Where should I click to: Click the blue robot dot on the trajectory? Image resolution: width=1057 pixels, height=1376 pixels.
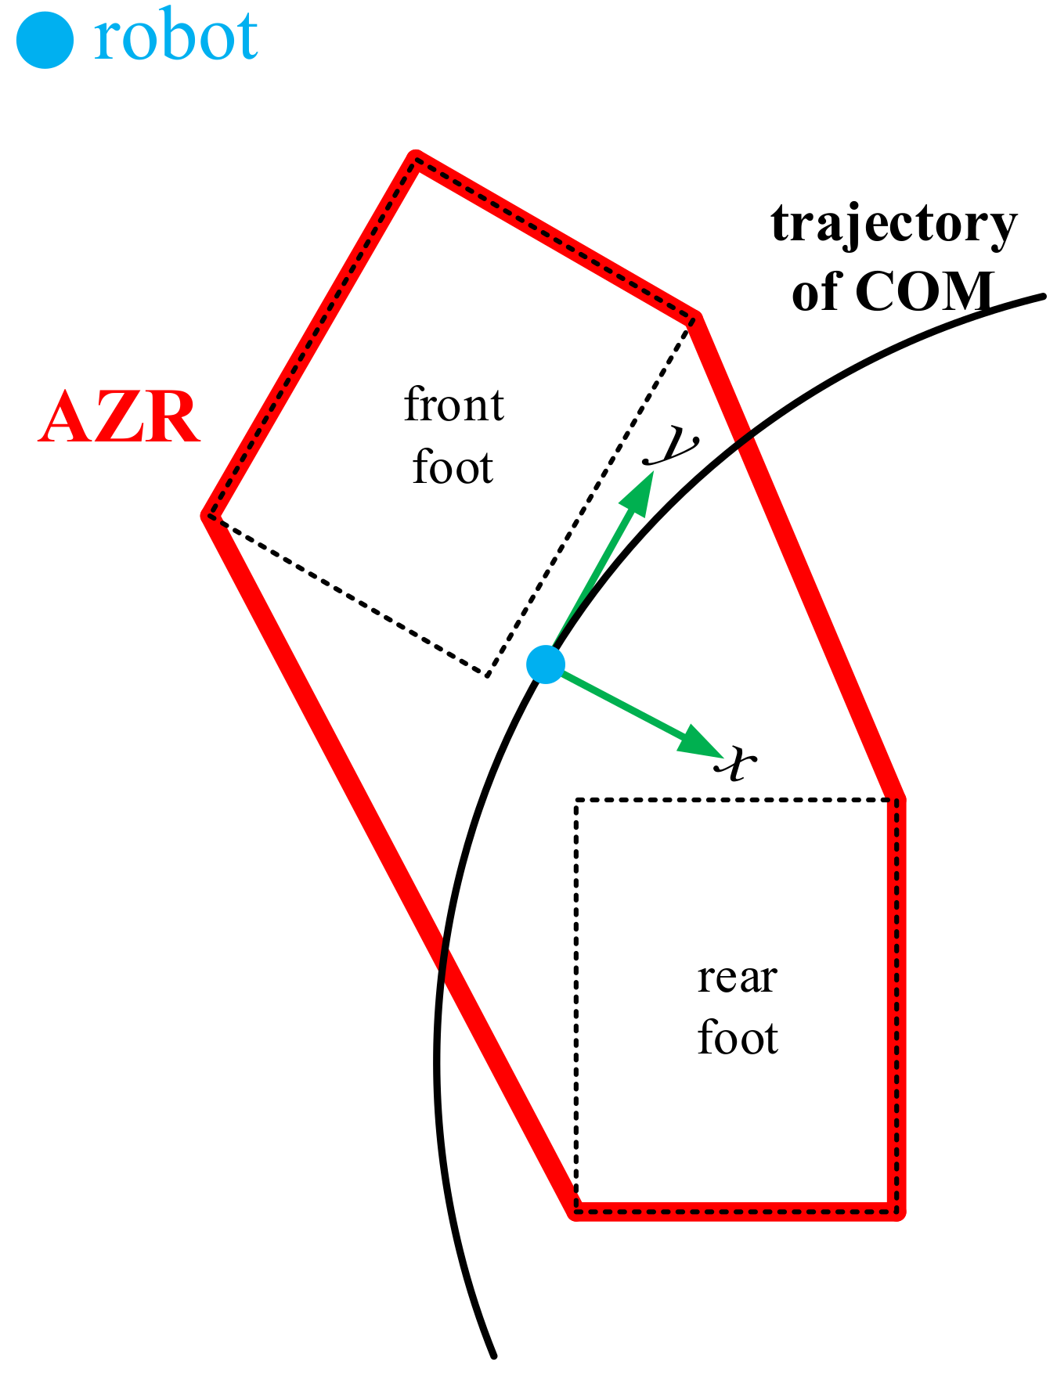[x=546, y=665]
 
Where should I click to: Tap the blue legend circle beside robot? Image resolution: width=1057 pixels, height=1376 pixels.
[x=45, y=39]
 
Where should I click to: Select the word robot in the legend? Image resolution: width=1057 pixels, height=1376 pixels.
[x=175, y=38]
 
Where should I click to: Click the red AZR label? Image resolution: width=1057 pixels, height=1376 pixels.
[x=119, y=419]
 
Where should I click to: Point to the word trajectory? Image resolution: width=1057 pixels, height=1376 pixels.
[x=894, y=225]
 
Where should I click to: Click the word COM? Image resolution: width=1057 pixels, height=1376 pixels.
[x=925, y=292]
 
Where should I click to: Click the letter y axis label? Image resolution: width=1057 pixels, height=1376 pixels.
[x=673, y=445]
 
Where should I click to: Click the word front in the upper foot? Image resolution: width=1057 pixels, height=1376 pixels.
[x=453, y=405]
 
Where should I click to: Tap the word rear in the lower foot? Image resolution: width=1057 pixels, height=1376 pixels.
[x=737, y=977]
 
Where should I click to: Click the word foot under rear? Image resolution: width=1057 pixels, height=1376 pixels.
[x=737, y=1039]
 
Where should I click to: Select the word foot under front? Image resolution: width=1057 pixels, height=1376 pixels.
[x=453, y=467]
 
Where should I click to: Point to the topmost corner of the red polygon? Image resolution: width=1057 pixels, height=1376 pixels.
[x=416, y=157]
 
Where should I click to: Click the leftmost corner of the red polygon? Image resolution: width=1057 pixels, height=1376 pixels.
[x=207, y=516]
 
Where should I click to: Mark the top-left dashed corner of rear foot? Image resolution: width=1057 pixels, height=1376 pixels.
[x=576, y=800]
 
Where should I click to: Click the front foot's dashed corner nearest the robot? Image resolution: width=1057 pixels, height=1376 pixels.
[x=487, y=675]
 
